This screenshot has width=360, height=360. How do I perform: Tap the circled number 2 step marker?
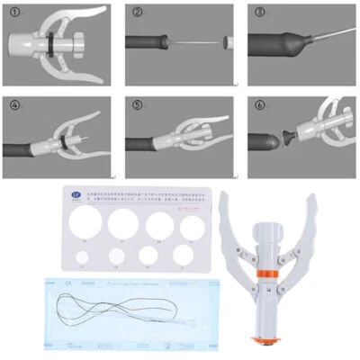(x=138, y=13)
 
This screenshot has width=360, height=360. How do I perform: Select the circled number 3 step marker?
(x=260, y=13)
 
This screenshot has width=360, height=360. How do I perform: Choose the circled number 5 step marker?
(x=138, y=105)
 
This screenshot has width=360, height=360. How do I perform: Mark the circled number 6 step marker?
(x=260, y=105)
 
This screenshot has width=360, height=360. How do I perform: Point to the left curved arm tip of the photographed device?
(x=225, y=196)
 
